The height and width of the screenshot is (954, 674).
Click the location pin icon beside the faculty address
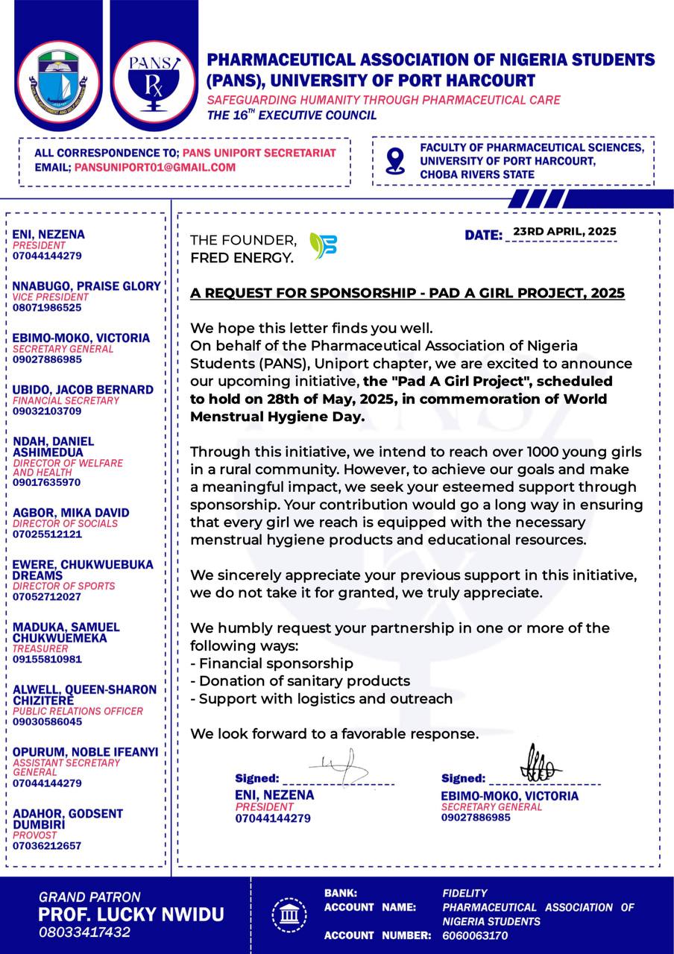(x=395, y=159)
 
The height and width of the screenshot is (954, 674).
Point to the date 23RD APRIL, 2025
(x=564, y=231)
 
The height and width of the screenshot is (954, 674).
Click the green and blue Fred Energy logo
(x=323, y=246)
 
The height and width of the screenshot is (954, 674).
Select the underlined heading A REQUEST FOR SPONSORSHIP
(x=407, y=294)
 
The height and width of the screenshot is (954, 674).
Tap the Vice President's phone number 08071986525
(x=47, y=307)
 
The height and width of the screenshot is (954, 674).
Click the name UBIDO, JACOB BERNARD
(x=84, y=390)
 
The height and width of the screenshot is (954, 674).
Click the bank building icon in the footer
(x=289, y=913)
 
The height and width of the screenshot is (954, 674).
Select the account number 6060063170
(x=475, y=935)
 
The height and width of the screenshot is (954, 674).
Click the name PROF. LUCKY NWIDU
(x=131, y=914)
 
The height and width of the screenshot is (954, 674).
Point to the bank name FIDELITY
(x=464, y=893)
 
